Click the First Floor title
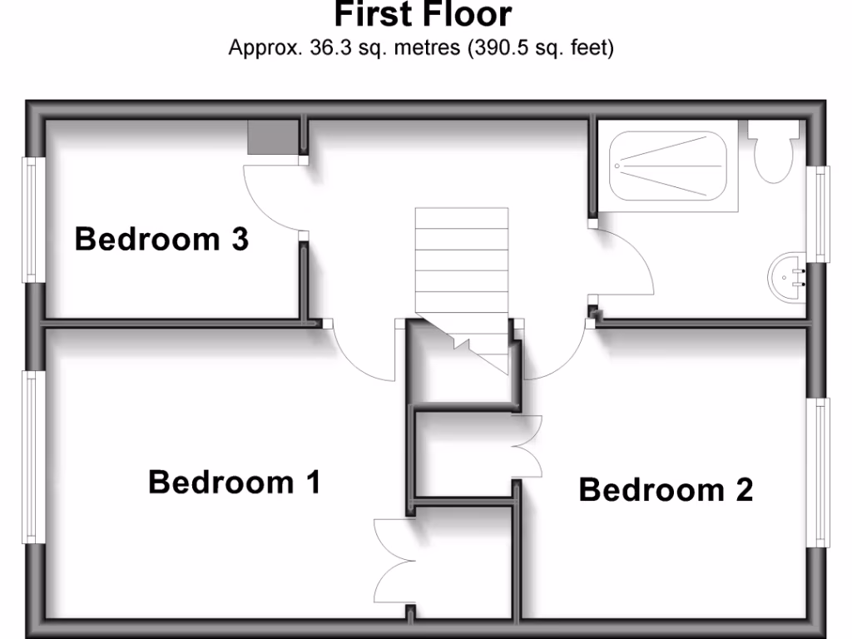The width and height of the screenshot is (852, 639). pyautogui.click(x=423, y=15)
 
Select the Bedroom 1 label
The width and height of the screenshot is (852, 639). pyautogui.click(x=234, y=482)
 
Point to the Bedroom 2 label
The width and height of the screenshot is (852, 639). pyautogui.click(x=666, y=490)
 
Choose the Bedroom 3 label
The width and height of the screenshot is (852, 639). pyautogui.click(x=161, y=240)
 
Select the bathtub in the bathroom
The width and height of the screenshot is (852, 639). pyautogui.click(x=668, y=166)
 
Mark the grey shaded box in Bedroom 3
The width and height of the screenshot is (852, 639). pyautogui.click(x=272, y=137)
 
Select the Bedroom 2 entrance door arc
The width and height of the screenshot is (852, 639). pyautogui.click(x=554, y=358)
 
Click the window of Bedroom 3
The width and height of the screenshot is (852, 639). pyautogui.click(x=33, y=220)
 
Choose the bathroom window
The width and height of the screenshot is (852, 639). pyautogui.click(x=821, y=214)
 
